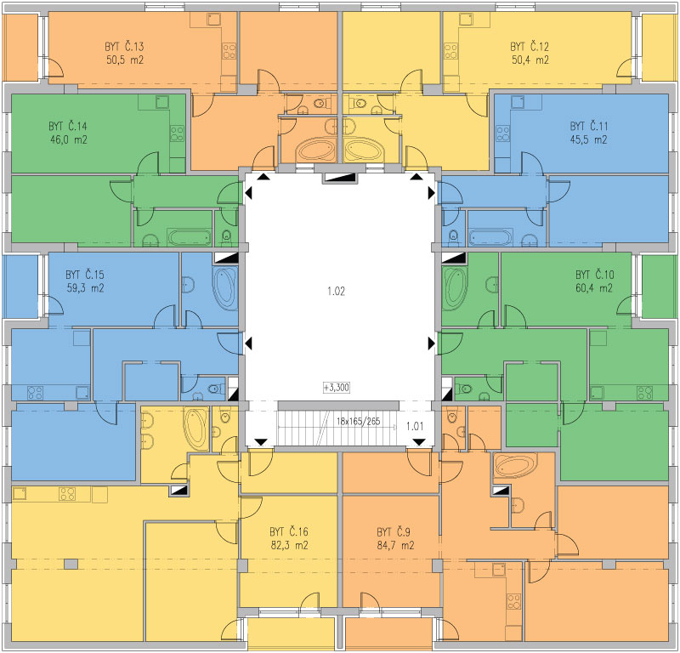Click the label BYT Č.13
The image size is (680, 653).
(124, 47)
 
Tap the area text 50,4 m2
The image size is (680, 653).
(530, 60)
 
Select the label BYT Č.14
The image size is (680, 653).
(68, 126)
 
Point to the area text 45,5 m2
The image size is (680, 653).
(588, 139)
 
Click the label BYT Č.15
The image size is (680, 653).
(85, 275)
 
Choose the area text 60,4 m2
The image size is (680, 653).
(593, 288)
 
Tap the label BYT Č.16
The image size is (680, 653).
(289, 532)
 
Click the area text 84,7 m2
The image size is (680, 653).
(395, 545)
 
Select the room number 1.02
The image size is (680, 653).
(336, 291)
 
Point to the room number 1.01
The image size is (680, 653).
(415, 426)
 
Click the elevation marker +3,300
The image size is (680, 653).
(337, 388)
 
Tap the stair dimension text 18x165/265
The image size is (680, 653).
(358, 421)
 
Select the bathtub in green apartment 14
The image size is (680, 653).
(190, 238)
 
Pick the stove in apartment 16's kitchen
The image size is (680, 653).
(67, 494)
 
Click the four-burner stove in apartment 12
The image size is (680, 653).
(451, 51)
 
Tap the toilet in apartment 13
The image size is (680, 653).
(321, 104)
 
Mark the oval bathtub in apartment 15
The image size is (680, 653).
(225, 288)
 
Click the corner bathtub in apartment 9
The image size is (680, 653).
(516, 466)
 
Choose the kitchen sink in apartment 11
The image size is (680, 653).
(518, 102)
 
